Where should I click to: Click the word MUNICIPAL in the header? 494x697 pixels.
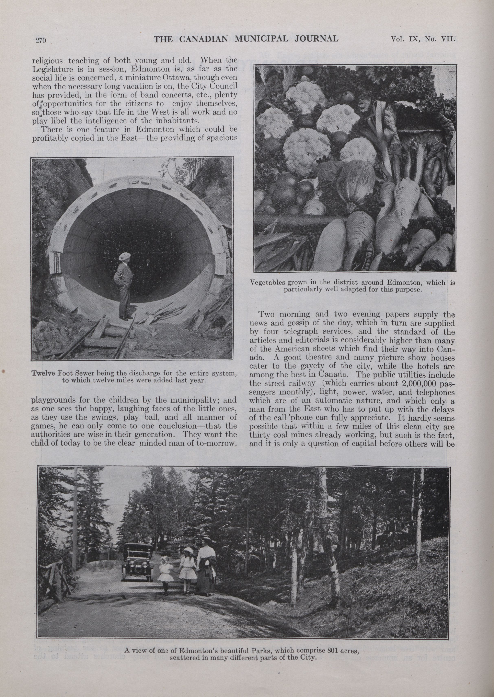[x=262, y=39]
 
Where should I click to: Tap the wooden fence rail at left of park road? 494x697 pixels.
[x=53, y=573]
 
